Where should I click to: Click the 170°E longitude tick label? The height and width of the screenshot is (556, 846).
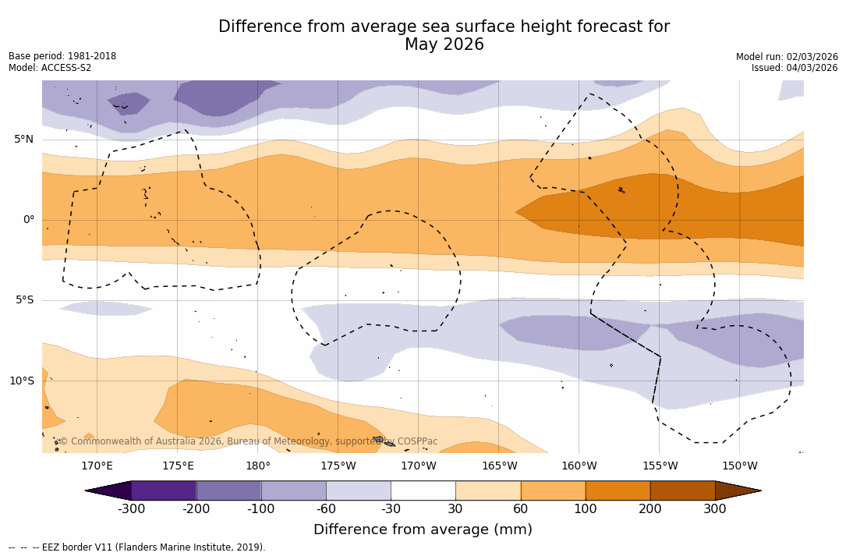click(97, 466)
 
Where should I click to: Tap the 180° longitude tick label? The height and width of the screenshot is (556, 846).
click(258, 466)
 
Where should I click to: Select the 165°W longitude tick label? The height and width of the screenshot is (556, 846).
click(499, 466)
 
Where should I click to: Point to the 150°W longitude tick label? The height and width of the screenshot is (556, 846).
click(739, 466)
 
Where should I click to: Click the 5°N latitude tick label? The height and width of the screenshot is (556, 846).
click(23, 140)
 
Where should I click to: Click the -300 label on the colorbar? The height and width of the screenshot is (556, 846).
click(131, 509)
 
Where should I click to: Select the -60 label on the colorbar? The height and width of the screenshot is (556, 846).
click(326, 509)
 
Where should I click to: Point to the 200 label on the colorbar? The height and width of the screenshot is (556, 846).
click(650, 509)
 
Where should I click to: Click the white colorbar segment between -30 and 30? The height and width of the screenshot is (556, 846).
click(423, 490)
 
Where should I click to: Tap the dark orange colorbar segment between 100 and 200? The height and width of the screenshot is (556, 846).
click(618, 490)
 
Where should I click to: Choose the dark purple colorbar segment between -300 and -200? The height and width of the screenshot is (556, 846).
click(164, 490)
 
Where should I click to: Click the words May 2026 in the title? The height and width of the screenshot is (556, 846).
click(444, 45)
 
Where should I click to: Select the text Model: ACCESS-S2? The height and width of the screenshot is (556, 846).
click(50, 68)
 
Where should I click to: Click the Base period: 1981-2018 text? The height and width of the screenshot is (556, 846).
click(62, 57)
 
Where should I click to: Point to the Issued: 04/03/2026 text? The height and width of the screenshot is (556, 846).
click(795, 68)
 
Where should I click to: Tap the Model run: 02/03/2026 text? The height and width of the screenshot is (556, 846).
click(787, 57)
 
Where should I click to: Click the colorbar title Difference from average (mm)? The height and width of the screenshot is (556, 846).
click(423, 530)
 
